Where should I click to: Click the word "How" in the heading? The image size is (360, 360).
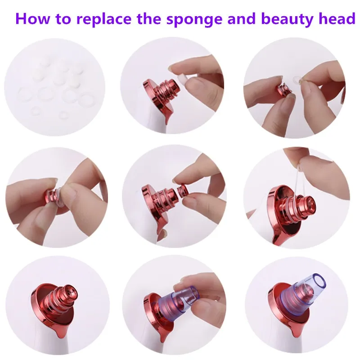32,18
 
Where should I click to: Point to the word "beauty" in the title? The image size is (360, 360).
287,19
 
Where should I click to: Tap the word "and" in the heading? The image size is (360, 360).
242,18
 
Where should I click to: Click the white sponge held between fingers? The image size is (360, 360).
183,80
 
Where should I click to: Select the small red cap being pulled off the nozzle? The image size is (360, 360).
183,190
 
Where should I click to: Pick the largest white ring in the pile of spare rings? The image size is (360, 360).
86,100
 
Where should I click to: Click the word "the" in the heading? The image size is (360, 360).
149,18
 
